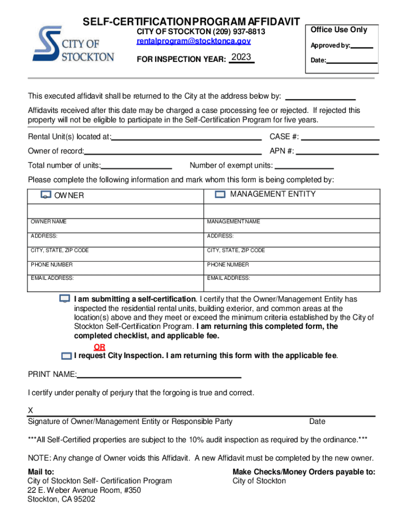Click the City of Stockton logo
click(x=73, y=45)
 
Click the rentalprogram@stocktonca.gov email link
click(x=193, y=41)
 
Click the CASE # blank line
click(x=340, y=139)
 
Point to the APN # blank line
click(x=338, y=153)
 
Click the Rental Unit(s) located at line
click(x=186, y=139)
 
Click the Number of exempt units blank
click(x=304, y=168)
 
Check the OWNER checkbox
click(x=46, y=195)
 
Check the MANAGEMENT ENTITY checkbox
click(x=220, y=195)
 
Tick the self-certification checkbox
click(x=65, y=299)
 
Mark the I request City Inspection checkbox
click(x=66, y=355)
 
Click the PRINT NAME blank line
click(x=159, y=377)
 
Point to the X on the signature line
click(x=30, y=411)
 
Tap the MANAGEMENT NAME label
click(x=234, y=222)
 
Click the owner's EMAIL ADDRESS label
click(x=52, y=278)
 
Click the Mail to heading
click(x=41, y=472)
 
